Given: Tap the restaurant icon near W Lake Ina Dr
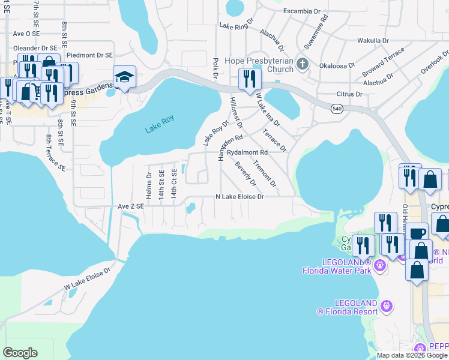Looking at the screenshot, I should pos(248,79).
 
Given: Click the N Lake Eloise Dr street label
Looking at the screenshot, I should pos(240,197).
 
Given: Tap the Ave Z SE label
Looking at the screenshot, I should pos(131,206).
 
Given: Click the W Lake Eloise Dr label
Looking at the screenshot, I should pos(88,280).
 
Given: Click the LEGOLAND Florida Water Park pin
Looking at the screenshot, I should pos(379,265).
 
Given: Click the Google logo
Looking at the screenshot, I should pos(20,352).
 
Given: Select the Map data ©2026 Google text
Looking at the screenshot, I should pos(412,355).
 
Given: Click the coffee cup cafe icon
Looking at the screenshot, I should pos(418,232).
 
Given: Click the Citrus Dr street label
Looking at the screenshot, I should pos(350,94).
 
